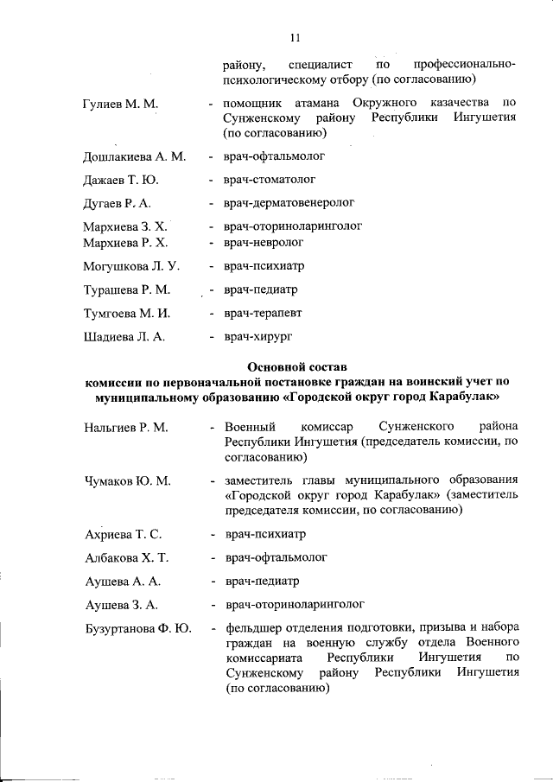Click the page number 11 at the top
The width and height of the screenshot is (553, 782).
295,37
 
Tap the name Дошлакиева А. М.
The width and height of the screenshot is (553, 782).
134,157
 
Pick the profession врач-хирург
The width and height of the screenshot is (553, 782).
259,335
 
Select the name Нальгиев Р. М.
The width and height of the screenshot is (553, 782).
126,428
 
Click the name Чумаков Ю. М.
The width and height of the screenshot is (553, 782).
128,480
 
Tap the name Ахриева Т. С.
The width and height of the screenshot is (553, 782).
124,535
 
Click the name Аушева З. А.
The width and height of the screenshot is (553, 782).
121,605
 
